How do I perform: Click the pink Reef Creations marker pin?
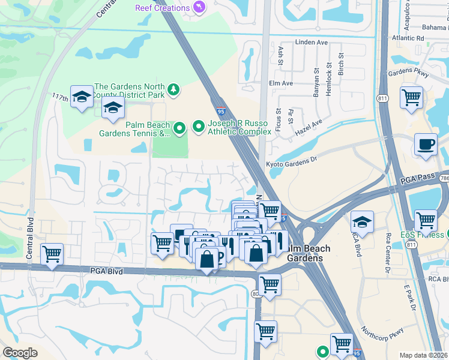pyautogui.click(x=199, y=7)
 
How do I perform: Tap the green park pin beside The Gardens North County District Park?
pyautogui.click(x=174, y=89)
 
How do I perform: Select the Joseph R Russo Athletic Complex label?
pyautogui.click(x=239, y=127)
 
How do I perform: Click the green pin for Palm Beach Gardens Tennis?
pyautogui.click(x=179, y=128)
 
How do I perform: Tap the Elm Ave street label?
pyautogui.click(x=281, y=83)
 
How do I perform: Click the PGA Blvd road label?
pyautogui.click(x=108, y=272)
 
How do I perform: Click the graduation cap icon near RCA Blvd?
pyautogui.click(x=362, y=221)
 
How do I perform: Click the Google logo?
pyautogui.click(x=20, y=353)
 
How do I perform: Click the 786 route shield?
pyautogui.click(x=444, y=178)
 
